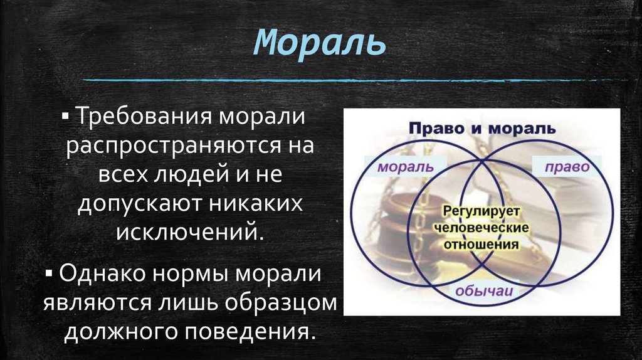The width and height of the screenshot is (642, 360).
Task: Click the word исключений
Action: [185, 233]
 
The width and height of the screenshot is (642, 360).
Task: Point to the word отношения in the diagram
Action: [481, 244]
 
